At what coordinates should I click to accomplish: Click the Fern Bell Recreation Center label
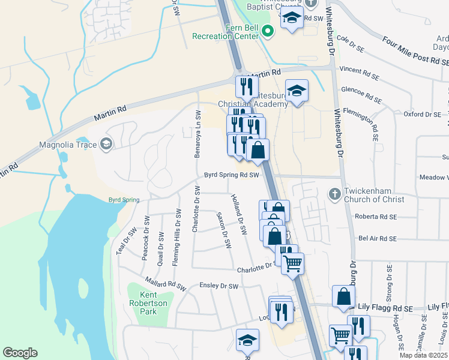click(x=225, y=32)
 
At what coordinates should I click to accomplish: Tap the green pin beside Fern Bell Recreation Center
click(x=268, y=31)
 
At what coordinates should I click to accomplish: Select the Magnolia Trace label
click(x=68, y=144)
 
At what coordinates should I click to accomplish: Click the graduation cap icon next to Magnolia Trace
click(x=106, y=143)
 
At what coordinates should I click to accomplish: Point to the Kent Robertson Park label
click(x=148, y=303)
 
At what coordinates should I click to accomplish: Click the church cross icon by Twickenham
click(x=335, y=194)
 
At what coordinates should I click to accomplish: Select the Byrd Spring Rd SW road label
click(x=231, y=175)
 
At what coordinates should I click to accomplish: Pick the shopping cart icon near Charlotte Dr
click(x=292, y=262)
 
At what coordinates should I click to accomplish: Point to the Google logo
click(x=20, y=353)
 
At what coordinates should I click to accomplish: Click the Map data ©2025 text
click(x=424, y=355)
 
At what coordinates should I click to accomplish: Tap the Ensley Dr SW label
click(x=219, y=286)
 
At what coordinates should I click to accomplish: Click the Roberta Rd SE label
click(x=376, y=217)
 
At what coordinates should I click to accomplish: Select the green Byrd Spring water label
click(x=124, y=200)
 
